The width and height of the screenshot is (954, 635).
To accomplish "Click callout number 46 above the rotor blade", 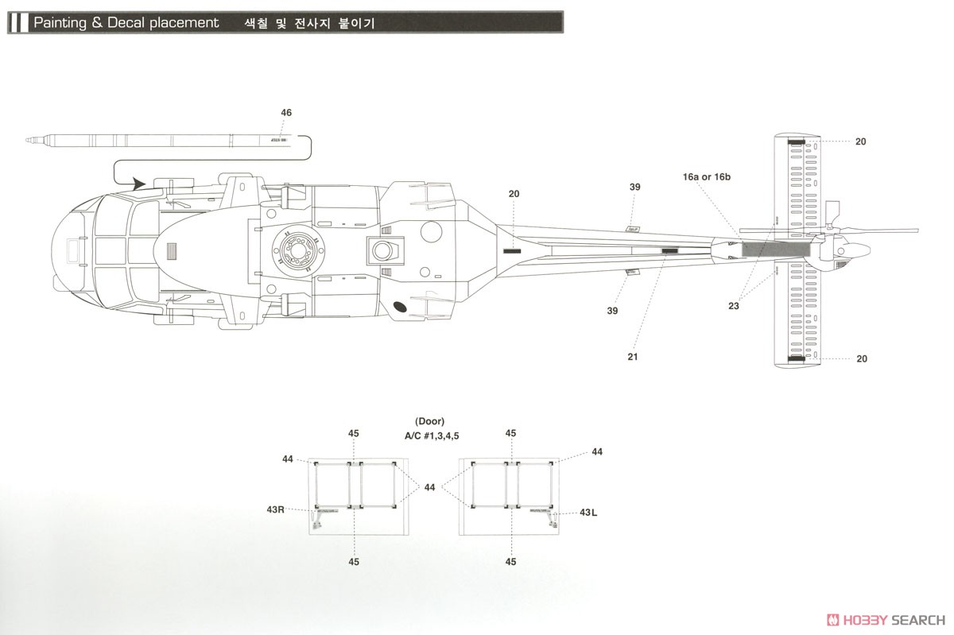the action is click(286, 112).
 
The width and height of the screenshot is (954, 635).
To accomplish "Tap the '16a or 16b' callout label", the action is click(707, 176).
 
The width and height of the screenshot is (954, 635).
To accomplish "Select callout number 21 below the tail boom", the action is click(633, 357).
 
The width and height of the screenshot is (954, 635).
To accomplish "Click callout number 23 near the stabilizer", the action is click(733, 306).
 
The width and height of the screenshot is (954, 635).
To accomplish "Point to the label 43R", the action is click(276, 509).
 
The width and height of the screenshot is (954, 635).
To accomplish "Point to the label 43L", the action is click(588, 513).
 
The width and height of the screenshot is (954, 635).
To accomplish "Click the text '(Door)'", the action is click(430, 421).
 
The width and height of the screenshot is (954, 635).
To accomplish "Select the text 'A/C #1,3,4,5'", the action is click(432, 436).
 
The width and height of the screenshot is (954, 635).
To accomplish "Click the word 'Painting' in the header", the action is click(60, 22).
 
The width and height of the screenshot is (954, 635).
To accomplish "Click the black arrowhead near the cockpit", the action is click(138, 184).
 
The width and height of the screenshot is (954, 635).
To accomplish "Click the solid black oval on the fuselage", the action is click(399, 307).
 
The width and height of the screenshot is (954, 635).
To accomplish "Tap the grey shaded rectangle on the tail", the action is click(776, 249).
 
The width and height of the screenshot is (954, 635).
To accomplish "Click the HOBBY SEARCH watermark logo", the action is click(886, 620).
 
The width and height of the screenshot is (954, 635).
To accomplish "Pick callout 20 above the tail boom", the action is click(514, 194).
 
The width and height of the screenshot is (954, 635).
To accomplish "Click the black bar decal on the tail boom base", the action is click(512, 251).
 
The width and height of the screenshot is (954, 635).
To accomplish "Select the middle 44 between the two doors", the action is click(429, 487).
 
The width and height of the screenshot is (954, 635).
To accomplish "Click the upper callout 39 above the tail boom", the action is click(634, 187).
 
